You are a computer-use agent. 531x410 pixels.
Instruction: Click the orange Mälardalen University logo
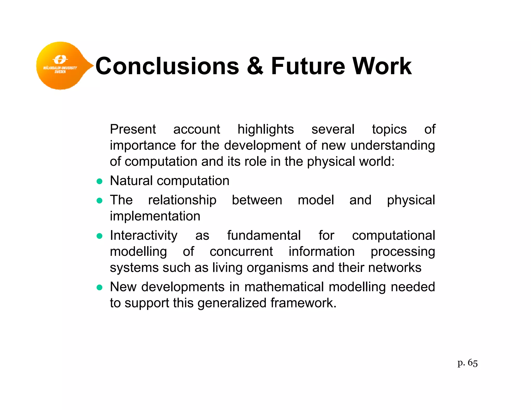(x=61, y=66)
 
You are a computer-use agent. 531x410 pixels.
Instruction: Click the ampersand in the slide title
(x=255, y=66)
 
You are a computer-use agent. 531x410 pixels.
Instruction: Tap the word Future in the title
(x=308, y=66)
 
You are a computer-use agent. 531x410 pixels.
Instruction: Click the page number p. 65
(x=467, y=363)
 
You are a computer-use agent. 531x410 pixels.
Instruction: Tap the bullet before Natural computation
(x=99, y=181)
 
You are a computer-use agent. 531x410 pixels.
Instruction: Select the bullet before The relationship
(x=99, y=201)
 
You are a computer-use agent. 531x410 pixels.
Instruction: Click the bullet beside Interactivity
(x=99, y=236)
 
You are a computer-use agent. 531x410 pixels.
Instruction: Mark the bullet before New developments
(x=99, y=287)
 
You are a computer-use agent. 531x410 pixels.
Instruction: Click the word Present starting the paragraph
(x=133, y=129)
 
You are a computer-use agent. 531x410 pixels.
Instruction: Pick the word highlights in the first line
(x=265, y=130)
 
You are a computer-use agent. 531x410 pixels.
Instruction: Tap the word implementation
(x=155, y=216)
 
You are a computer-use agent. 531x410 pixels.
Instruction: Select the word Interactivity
(x=144, y=236)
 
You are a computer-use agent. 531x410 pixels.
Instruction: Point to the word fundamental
(x=264, y=236)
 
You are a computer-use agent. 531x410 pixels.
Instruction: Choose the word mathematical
(x=284, y=287)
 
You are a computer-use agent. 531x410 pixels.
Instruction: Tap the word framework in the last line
(x=303, y=303)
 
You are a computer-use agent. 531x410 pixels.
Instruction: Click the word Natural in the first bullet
(x=131, y=181)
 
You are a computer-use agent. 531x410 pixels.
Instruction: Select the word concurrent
(x=241, y=252)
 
